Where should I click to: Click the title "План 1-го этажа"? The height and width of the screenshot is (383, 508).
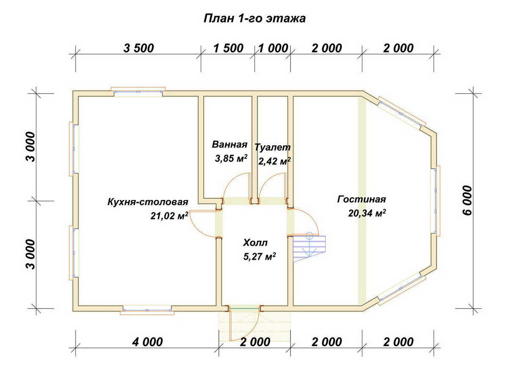point(254,19)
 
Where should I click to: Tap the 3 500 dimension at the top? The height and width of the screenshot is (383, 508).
point(138,48)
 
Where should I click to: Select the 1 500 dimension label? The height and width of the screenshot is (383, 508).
point(228,48)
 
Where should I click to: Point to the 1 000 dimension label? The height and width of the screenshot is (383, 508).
point(273,48)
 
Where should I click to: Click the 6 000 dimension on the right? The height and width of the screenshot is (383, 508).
point(467,200)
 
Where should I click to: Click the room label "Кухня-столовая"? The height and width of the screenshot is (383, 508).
point(148,201)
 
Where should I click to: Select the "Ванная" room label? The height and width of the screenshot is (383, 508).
point(229,144)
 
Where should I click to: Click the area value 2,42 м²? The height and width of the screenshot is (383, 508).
point(274,161)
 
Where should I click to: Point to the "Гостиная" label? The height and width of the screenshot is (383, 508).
point(362,199)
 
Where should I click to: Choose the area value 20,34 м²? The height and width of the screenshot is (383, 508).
point(367,213)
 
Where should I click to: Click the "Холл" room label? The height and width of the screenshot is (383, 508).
point(255,243)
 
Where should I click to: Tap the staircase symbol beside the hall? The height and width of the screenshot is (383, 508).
point(309,248)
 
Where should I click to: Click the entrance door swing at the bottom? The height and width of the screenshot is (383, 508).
point(243,324)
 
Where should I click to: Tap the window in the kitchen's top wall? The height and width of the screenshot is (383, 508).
point(138,92)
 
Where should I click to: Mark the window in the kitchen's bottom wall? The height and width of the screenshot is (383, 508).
point(147,310)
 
